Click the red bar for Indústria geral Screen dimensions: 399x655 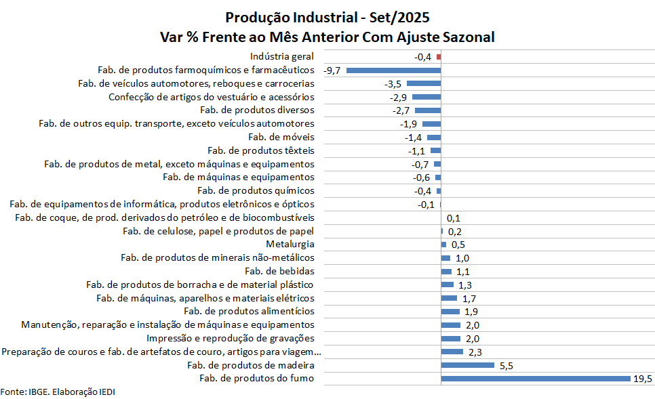439,57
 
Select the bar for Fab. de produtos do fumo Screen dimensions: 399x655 536,378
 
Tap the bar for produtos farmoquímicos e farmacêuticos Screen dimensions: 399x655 393,70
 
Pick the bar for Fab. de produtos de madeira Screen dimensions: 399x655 467,365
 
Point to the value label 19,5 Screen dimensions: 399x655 643,379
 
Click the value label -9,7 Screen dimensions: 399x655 335,70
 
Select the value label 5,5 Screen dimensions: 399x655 507,366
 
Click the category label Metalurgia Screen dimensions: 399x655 290,244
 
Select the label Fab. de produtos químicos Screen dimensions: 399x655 256,190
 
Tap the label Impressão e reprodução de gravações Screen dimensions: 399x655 231,338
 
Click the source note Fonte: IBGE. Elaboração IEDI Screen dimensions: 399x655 54,392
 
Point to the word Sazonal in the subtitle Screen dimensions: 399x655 467,37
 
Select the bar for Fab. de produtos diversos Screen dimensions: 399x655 428,110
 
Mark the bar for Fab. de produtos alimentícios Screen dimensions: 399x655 450,311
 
